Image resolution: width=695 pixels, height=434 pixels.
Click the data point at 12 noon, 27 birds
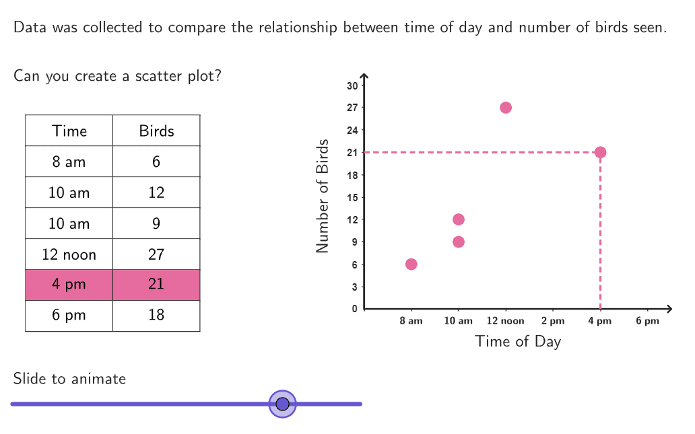(x=506, y=108)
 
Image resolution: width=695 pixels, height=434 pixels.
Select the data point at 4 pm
(x=600, y=152)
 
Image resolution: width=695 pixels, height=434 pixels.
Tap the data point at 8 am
(x=411, y=264)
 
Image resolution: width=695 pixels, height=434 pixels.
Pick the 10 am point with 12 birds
(x=459, y=219)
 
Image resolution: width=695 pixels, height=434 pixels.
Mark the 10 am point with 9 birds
(x=459, y=242)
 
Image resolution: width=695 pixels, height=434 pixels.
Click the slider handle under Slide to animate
(x=283, y=404)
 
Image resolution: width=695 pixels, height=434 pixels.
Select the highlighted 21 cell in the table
(x=156, y=285)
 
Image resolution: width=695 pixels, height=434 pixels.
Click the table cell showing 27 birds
(x=156, y=254)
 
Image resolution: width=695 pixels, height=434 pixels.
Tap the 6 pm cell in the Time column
(x=69, y=315)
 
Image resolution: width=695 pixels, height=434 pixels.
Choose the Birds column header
(x=156, y=131)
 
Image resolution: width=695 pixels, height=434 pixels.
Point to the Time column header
(x=69, y=131)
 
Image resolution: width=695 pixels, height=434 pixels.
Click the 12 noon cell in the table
(x=69, y=254)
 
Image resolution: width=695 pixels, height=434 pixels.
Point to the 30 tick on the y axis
(x=352, y=85)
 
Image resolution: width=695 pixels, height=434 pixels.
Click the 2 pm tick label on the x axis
(x=553, y=321)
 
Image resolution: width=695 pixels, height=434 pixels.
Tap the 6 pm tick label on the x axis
(x=647, y=321)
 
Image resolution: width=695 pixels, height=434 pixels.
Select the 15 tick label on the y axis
(x=352, y=198)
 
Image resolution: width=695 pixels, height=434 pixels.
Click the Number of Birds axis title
(x=323, y=196)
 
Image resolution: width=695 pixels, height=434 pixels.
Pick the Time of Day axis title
(x=518, y=341)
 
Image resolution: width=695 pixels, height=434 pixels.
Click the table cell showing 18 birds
(x=156, y=315)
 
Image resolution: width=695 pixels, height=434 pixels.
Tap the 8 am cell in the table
(x=69, y=161)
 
